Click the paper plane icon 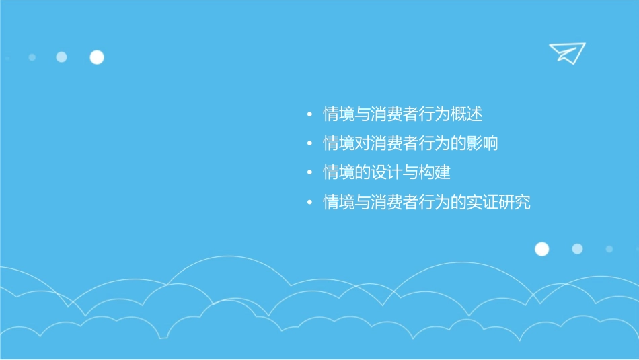pyautogui.click(x=566, y=52)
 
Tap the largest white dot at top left pyautogui.click(x=97, y=57)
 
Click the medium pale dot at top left pyautogui.click(x=61, y=57)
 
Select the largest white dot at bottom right pyautogui.click(x=541, y=249)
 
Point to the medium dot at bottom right pyautogui.click(x=577, y=249)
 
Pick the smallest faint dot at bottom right pyautogui.click(x=609, y=249)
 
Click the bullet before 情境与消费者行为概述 pyautogui.click(x=309, y=115)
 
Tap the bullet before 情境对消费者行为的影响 pyautogui.click(x=309, y=144)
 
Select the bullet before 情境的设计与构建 pyautogui.click(x=309, y=173)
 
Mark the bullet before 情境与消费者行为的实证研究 pyautogui.click(x=309, y=202)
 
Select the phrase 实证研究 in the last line pyautogui.click(x=498, y=202)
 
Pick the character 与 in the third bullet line pyautogui.click(x=410, y=173)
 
